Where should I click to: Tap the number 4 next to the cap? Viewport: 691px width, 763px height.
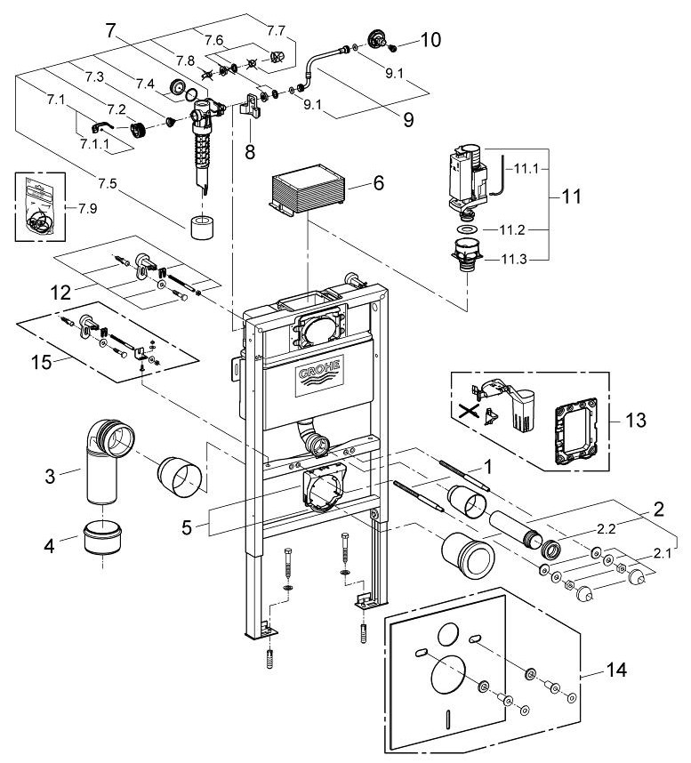click(48, 542)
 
